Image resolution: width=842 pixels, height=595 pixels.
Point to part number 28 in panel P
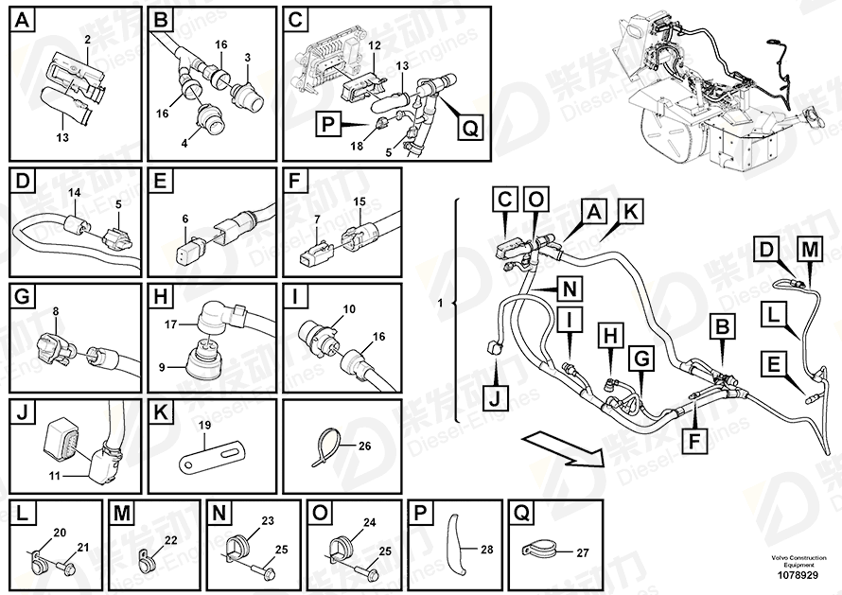click(x=488, y=549)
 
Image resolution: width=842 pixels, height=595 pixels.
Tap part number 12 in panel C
click(x=375, y=44)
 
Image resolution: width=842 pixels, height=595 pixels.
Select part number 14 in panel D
click(x=74, y=194)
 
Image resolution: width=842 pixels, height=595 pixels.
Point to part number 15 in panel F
click(x=359, y=201)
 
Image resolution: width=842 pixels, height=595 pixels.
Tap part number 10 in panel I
click(x=349, y=308)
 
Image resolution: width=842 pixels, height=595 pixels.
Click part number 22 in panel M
click(x=171, y=540)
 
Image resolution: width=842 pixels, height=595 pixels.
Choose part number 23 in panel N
click(x=267, y=520)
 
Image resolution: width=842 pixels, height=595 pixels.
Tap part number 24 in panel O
click(x=369, y=521)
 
